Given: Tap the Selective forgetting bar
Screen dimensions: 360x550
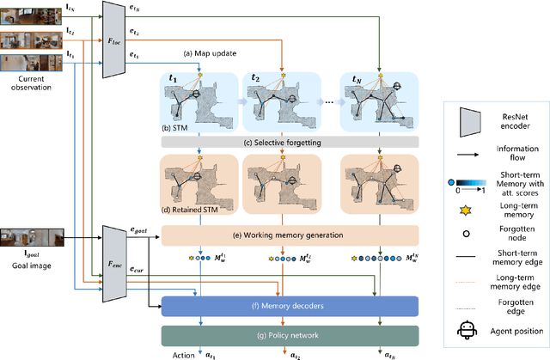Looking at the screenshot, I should [284, 141].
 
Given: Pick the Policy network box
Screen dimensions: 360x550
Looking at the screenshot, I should [289, 334].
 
